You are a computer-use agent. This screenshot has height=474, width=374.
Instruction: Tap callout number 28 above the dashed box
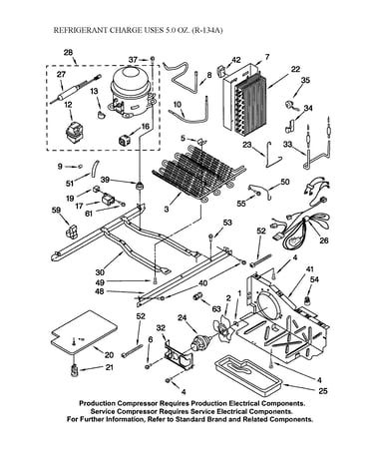[68, 53]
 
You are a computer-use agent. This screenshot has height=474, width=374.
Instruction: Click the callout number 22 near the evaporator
[295, 69]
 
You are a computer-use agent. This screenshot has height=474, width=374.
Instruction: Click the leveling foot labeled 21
[74, 369]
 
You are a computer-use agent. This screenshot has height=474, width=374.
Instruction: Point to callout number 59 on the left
[56, 210]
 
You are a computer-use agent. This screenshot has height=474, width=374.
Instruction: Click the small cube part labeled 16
[125, 141]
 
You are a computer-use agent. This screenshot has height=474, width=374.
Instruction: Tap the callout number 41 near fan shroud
[310, 269]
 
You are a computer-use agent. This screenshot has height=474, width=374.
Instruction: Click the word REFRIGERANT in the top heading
[81, 30]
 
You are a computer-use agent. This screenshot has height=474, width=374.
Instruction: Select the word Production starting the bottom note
[97, 403]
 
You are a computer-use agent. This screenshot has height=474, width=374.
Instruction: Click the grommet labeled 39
[140, 185]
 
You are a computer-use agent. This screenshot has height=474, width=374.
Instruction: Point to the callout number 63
[216, 309]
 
